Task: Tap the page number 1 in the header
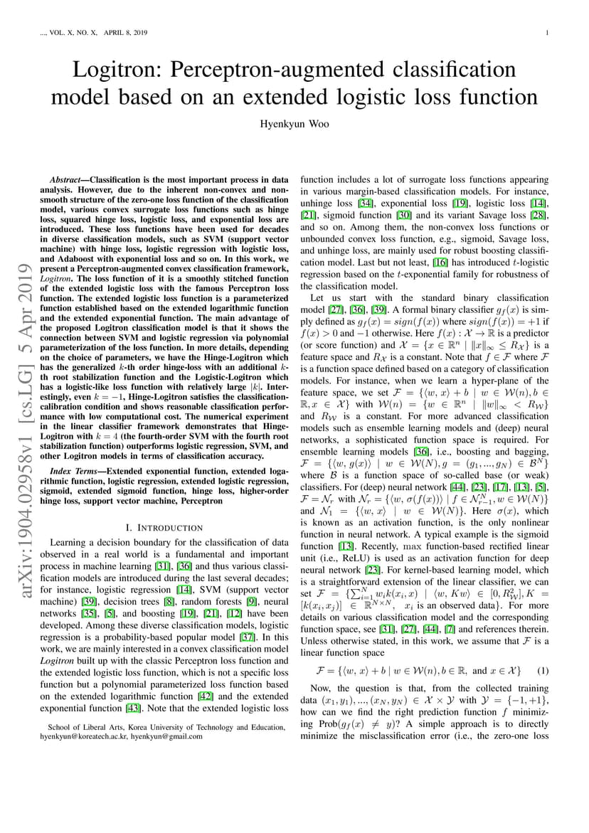pos(546,33)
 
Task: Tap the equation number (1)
pos(543,671)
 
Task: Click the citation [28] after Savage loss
pos(541,216)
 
